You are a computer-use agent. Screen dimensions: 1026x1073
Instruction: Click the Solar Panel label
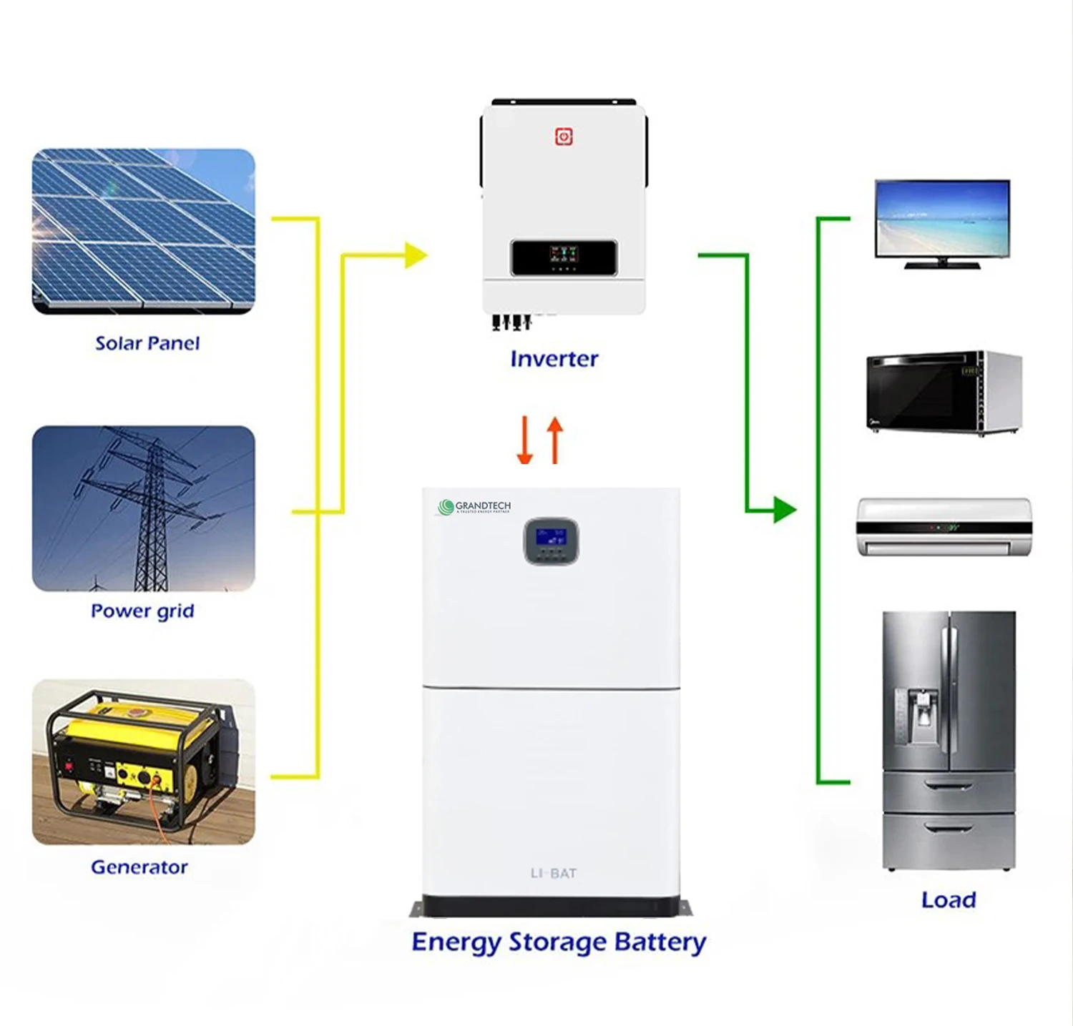coord(147,343)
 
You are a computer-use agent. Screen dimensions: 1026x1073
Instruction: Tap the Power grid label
coord(142,611)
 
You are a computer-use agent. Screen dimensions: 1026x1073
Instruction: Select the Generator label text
coord(139,867)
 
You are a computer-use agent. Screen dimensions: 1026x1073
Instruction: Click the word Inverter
coord(554,358)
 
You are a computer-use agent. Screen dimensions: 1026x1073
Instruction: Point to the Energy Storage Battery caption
coord(559,942)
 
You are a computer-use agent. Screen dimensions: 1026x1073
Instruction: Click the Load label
coord(949,899)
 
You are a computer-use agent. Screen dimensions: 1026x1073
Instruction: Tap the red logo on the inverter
coord(564,137)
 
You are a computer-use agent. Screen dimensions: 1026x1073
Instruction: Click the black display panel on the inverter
coord(564,257)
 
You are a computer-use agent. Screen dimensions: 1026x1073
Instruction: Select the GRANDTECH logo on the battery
coord(474,507)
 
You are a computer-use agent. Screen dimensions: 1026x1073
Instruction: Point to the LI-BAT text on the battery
coord(553,873)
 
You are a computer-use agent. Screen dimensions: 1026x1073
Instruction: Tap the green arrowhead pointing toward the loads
coord(784,510)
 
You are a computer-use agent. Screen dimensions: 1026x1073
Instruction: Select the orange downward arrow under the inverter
coord(525,440)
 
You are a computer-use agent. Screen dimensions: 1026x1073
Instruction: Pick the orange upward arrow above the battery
coord(555,439)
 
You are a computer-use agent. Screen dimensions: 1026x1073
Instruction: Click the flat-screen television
coord(942,223)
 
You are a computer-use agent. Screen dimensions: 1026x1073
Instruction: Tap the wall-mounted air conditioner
coord(944,527)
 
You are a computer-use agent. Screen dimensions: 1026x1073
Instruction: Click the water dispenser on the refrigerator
coord(923,716)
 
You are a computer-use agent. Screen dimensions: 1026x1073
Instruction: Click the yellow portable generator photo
coord(143,761)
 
